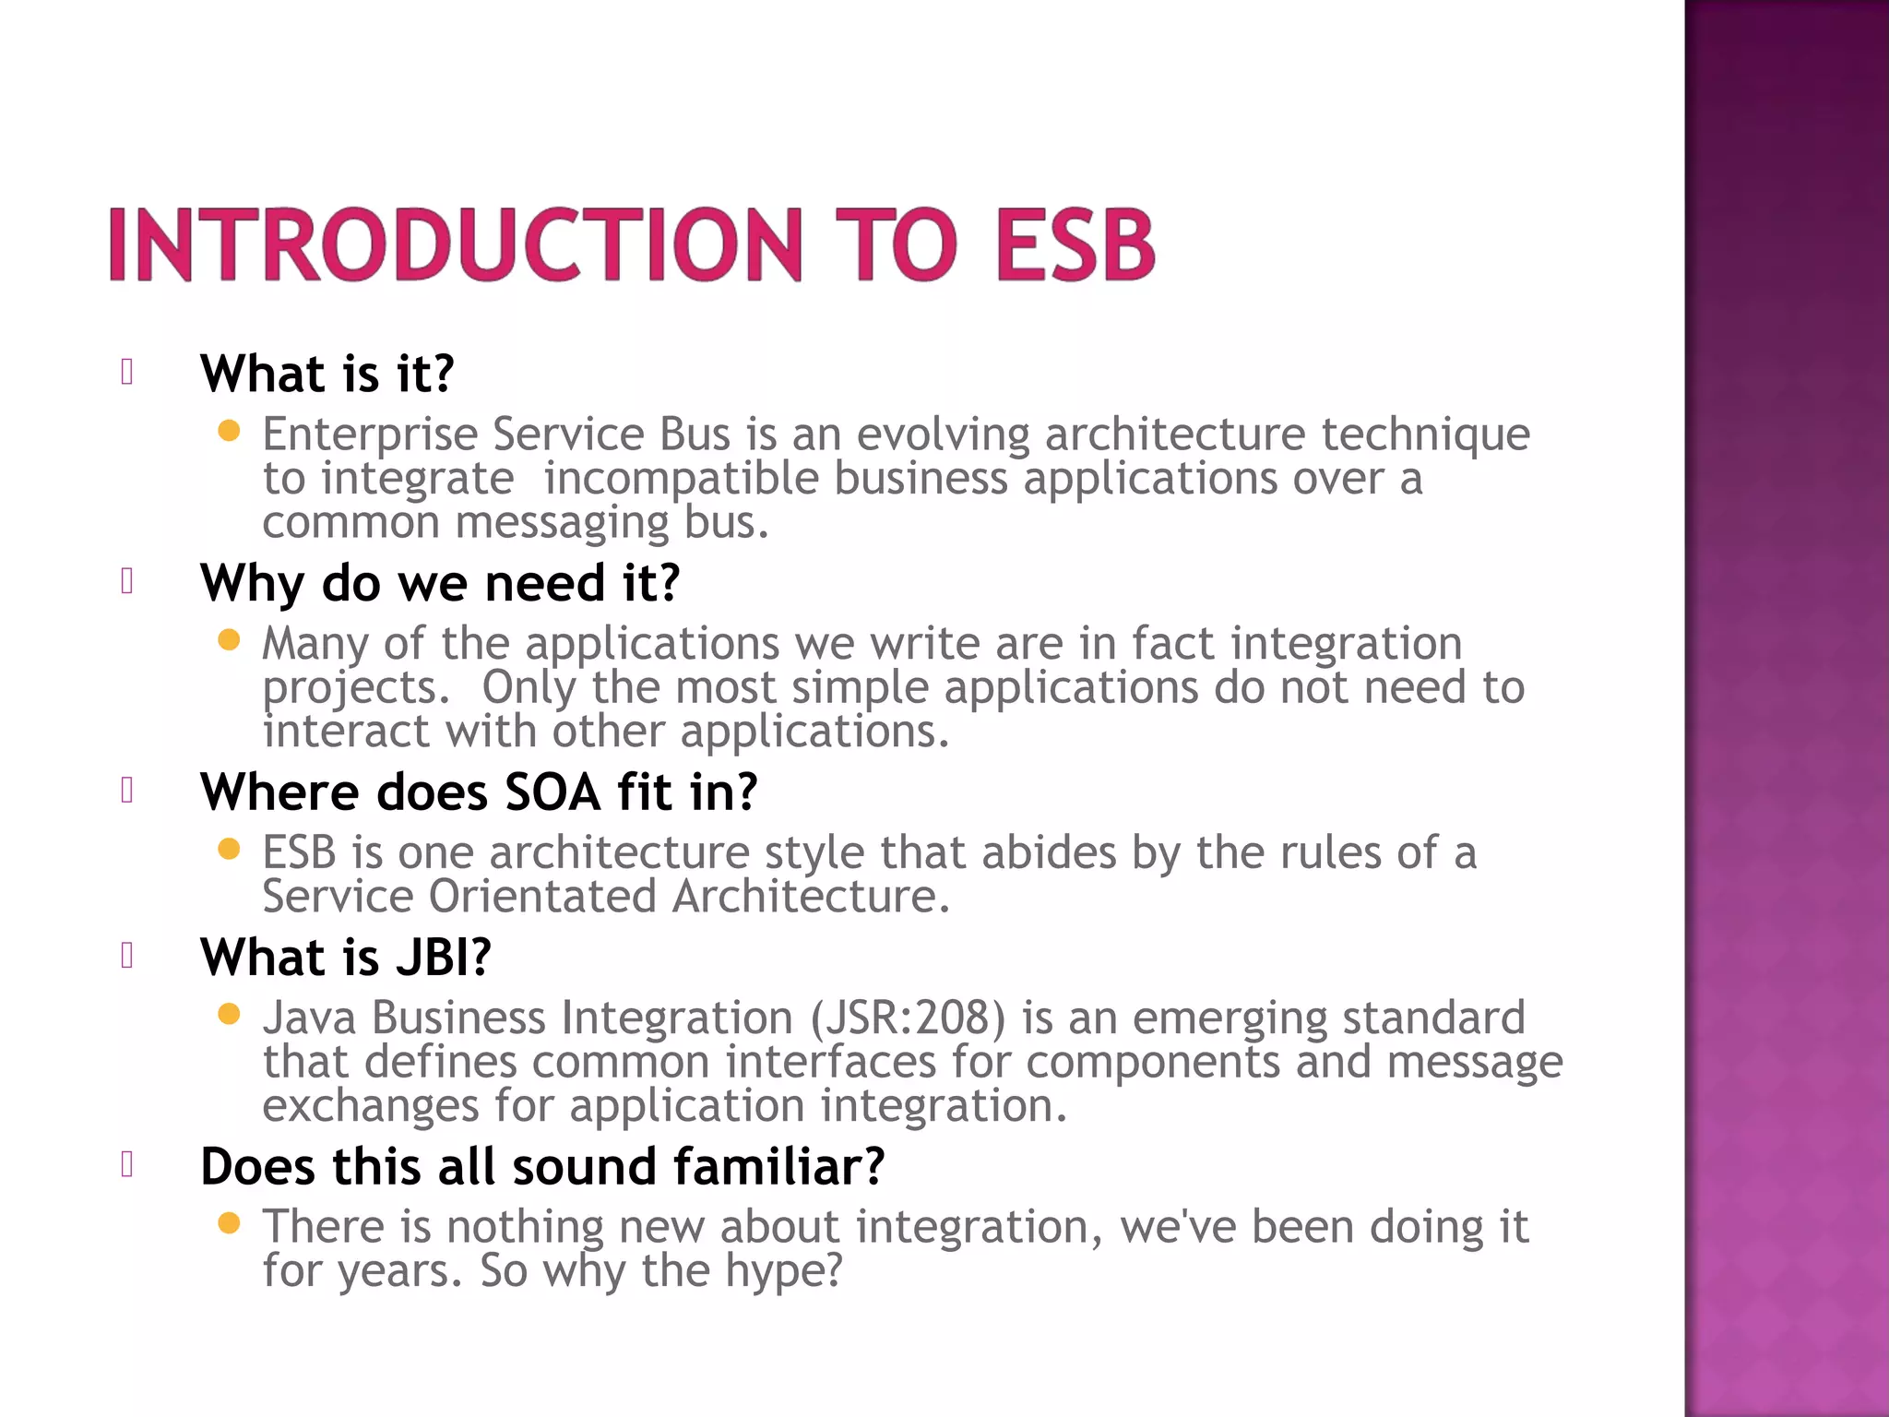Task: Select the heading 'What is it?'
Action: pos(327,374)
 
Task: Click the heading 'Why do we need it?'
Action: pos(440,583)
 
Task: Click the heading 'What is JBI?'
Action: pos(346,957)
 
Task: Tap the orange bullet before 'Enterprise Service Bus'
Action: pos(229,430)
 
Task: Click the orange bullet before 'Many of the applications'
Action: pos(229,639)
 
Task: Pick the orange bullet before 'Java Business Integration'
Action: pos(229,1015)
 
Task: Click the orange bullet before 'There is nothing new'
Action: pos(229,1223)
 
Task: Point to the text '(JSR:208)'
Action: pos(908,1018)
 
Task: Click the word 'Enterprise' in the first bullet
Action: pos(370,435)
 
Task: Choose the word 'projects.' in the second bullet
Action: pos(356,688)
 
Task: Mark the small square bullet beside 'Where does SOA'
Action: pos(127,791)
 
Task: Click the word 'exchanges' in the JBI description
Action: pos(370,1106)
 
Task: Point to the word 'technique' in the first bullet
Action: pos(1425,435)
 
